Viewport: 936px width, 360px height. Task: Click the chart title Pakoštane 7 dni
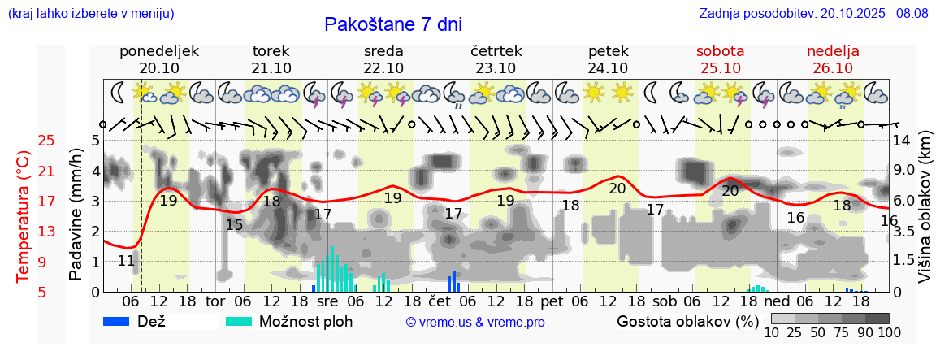coord(392,24)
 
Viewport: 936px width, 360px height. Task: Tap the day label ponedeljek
coord(159,51)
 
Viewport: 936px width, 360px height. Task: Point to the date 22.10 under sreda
coord(383,68)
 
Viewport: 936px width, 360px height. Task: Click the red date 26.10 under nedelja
coord(833,68)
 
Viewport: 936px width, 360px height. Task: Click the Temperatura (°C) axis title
coord(23,216)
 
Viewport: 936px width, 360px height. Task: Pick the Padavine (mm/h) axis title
coord(76,215)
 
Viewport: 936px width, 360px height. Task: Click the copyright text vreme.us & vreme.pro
coord(475,322)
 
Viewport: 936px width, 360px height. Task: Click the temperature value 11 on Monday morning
coord(126,261)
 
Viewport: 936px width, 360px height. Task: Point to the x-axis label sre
coord(327,301)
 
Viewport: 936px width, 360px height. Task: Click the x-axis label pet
coord(552,301)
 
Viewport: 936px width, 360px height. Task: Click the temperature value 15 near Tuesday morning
coord(234,225)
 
